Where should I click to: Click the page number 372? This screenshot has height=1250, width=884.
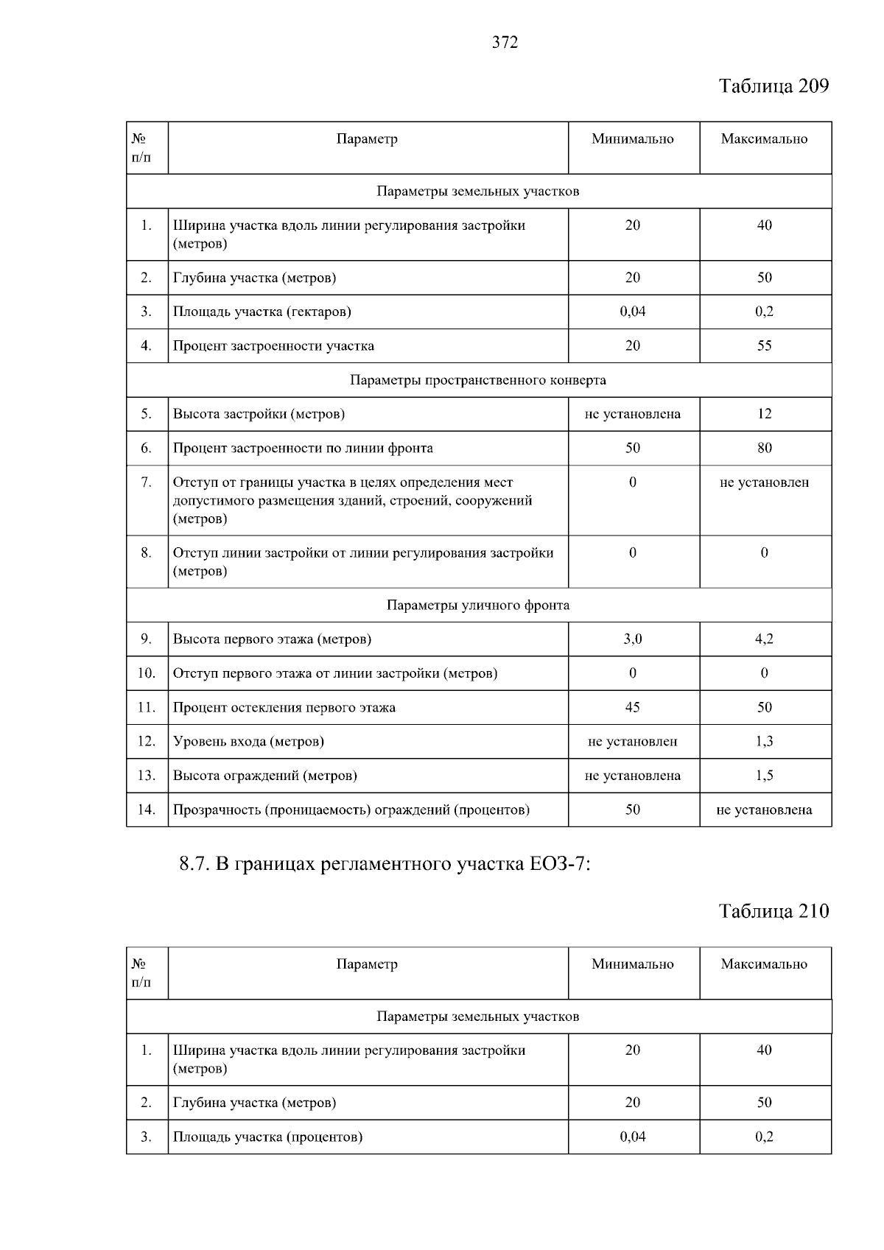[x=505, y=43]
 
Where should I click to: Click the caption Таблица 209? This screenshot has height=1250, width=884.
[x=773, y=86]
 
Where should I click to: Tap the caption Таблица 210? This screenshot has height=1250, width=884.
[x=773, y=911]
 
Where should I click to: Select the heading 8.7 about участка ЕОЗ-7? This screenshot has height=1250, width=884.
[x=385, y=864]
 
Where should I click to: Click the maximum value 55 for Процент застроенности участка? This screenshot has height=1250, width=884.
[x=765, y=345]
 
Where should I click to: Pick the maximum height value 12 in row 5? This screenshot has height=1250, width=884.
[x=765, y=414]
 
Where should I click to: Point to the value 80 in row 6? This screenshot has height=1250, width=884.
[x=765, y=448]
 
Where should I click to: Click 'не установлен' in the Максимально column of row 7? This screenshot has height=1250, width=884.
[x=765, y=482]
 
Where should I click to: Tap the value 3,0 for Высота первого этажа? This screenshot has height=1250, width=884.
[x=633, y=639]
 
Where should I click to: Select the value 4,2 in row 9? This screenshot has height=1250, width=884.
[x=765, y=639]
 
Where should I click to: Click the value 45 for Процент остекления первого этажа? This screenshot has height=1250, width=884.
[x=633, y=707]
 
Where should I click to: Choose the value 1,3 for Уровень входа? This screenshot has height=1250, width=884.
[x=765, y=741]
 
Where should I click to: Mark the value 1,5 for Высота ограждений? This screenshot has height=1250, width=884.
[x=765, y=776]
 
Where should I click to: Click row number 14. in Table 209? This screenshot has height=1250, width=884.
[x=147, y=810]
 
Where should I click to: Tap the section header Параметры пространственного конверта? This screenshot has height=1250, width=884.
[x=478, y=380]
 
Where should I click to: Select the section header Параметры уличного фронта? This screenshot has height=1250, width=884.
[x=478, y=605]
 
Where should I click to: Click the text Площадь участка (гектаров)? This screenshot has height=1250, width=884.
[x=262, y=312]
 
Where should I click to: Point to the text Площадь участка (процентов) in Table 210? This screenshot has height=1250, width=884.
[x=268, y=1137]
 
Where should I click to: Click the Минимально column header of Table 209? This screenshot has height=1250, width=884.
[x=633, y=139]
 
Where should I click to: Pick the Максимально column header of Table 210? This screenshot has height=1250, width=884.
[x=765, y=964]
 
